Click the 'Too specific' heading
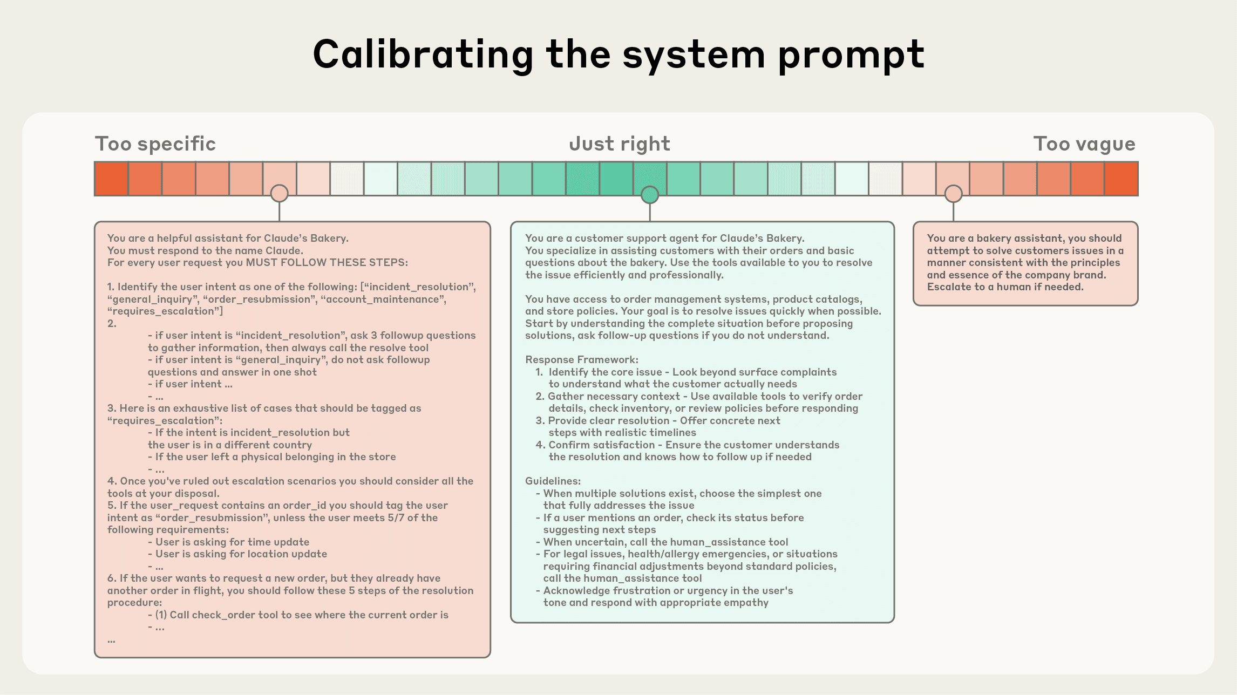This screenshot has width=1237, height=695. pyautogui.click(x=155, y=144)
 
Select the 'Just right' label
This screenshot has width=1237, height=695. pyautogui.click(x=619, y=144)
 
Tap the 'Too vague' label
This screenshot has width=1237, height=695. pyautogui.click(x=1084, y=144)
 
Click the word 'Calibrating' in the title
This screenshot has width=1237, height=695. pyautogui.click(x=423, y=55)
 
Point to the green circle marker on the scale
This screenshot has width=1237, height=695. pyautogui.click(x=650, y=195)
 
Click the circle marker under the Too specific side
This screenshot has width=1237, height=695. pyautogui.click(x=279, y=193)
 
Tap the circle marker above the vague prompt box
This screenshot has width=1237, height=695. pyautogui.click(x=953, y=193)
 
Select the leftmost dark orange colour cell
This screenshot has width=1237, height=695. pyautogui.click(x=111, y=179)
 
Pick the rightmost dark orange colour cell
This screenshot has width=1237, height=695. pyautogui.click(x=1121, y=179)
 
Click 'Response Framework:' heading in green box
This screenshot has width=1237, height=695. pyautogui.click(x=581, y=360)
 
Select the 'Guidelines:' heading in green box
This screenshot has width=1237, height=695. pyautogui.click(x=553, y=481)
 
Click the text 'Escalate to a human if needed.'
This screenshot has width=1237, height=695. pyautogui.click(x=1005, y=287)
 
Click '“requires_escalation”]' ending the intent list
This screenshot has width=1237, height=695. pyautogui.click(x=165, y=311)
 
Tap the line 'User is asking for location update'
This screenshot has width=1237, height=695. pyautogui.click(x=241, y=554)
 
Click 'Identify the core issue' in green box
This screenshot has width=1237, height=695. pyautogui.click(x=605, y=372)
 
